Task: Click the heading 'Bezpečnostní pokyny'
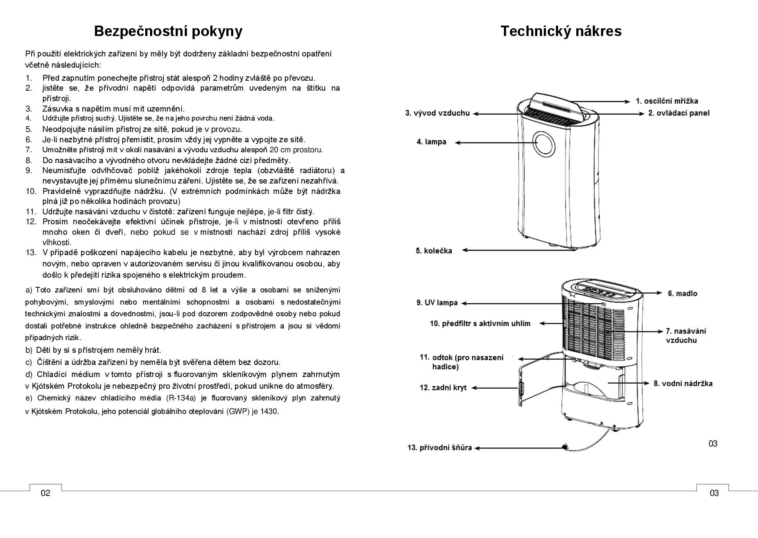[168, 31]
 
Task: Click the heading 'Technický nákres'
[561, 31]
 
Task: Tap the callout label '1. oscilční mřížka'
[667, 101]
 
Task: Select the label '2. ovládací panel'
[679, 113]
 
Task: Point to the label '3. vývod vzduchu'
[437, 113]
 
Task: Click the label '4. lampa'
[431, 142]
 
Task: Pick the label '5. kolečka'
[434, 251]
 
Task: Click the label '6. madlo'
[682, 294]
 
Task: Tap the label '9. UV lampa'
[437, 303]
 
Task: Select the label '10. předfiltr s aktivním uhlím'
[480, 324]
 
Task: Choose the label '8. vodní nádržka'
[683, 384]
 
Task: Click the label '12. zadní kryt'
[442, 387]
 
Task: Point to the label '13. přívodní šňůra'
[439, 448]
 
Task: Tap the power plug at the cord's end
[565, 447]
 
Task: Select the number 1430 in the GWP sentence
[268, 411]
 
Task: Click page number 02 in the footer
[46, 493]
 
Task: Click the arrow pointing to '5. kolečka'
[512, 250]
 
